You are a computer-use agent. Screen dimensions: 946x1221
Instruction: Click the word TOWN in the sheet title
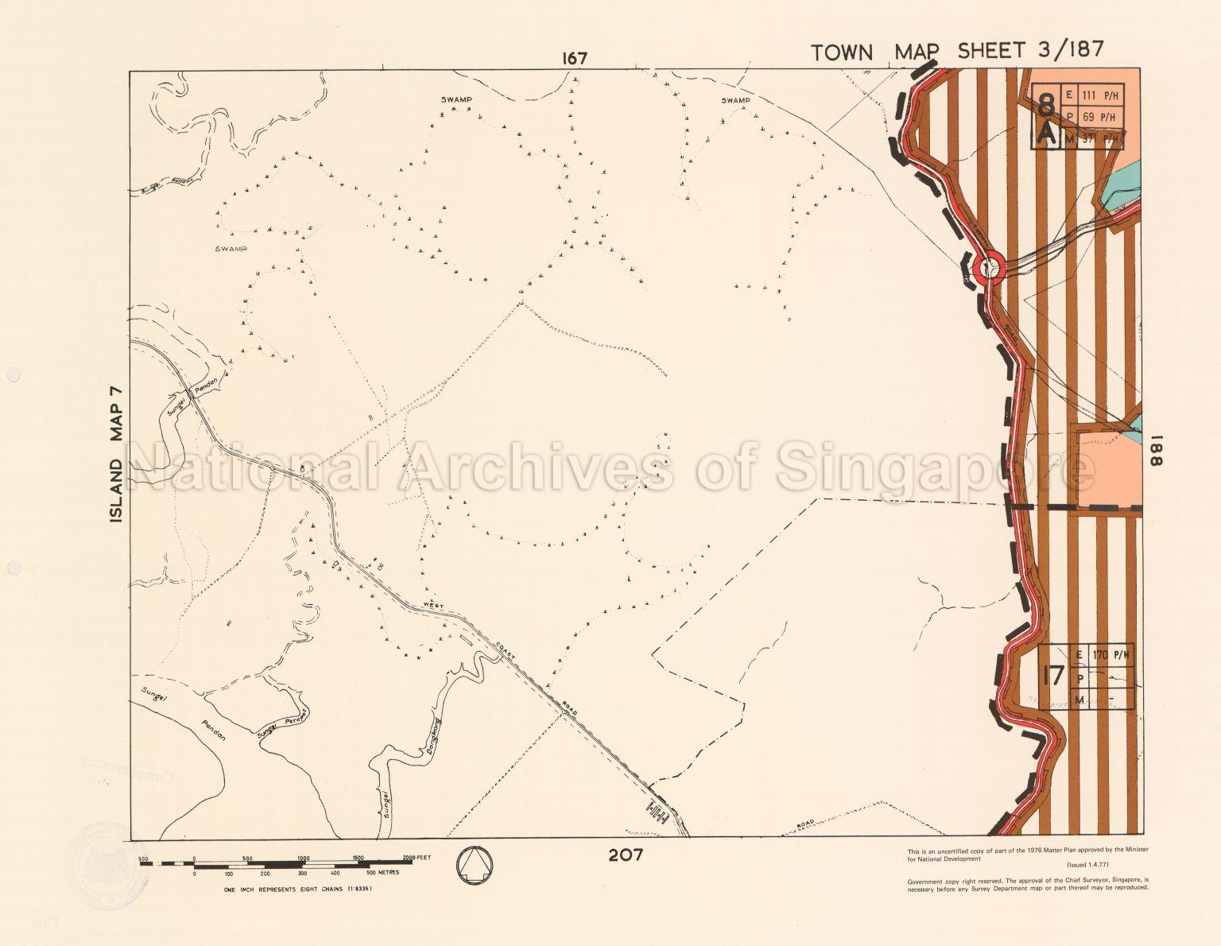tap(842, 52)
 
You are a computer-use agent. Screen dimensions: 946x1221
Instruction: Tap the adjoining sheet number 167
tap(574, 58)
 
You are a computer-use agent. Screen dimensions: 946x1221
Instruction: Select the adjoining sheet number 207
tap(626, 855)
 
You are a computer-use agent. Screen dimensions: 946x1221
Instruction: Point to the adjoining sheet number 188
tap(1157, 454)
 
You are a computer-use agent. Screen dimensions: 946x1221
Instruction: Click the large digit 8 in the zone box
tap(1047, 105)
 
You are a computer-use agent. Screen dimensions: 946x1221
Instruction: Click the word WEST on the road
tap(434, 606)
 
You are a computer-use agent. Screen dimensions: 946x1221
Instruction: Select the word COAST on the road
tap(506, 649)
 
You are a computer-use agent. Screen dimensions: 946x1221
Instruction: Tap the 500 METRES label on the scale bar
tap(382, 873)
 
